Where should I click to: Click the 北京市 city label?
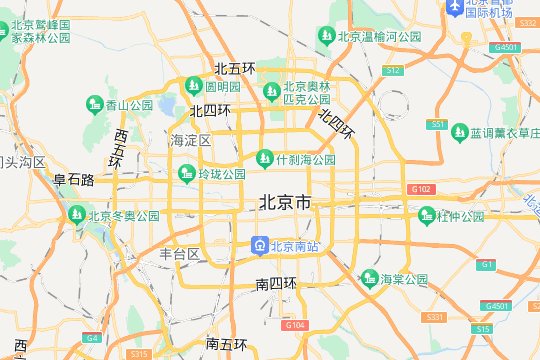tap(285, 203)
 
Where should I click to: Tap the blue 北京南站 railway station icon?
tap(258, 245)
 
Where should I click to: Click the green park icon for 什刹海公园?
tap(265, 158)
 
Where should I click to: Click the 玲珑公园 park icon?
tap(186, 174)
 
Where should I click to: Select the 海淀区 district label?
tap(191, 140)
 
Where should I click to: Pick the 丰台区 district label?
tap(181, 254)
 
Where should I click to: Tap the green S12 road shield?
tap(394, 70)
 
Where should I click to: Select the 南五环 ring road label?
tap(226, 344)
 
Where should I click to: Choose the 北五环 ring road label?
tap(235, 69)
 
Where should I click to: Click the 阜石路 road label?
tap(74, 181)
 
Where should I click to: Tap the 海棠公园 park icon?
tap(369, 277)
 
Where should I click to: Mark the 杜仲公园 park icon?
tap(427, 215)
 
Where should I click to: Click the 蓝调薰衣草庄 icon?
tap(459, 132)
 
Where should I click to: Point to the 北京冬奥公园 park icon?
tap(75, 214)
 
